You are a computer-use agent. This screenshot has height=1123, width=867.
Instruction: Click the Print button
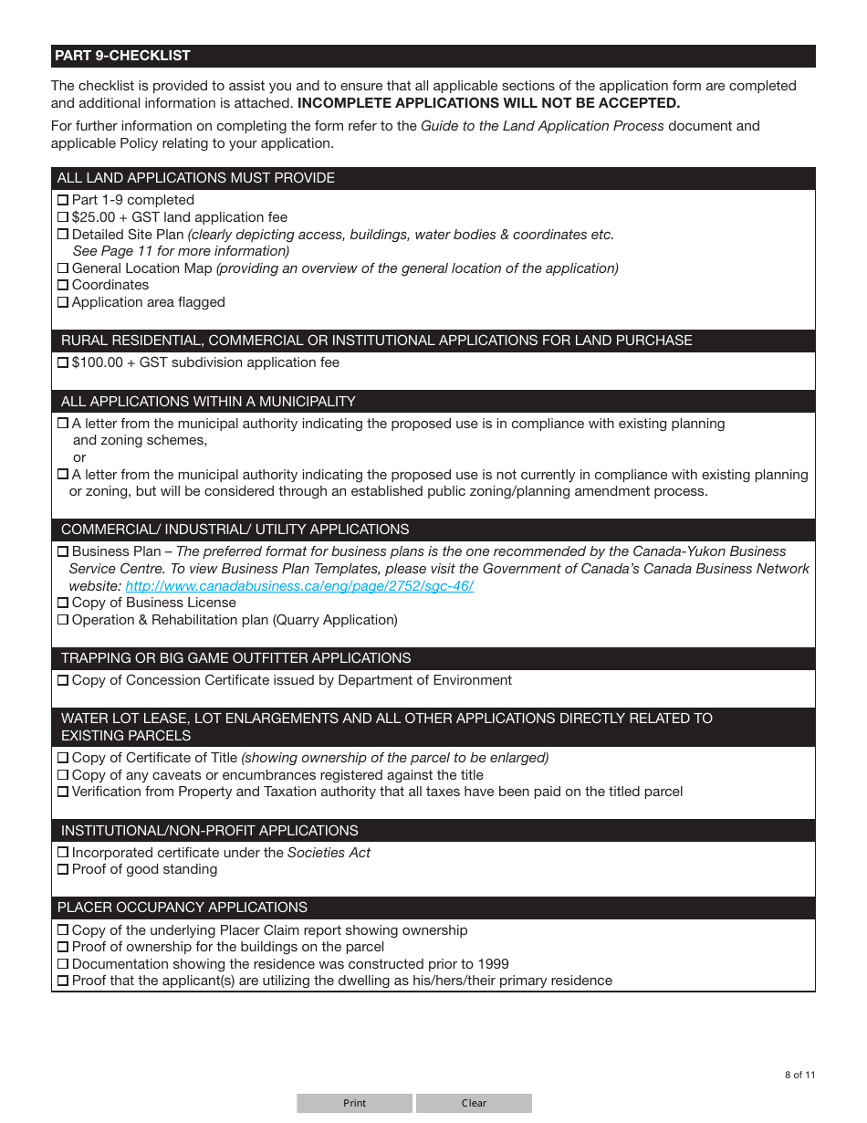pos(354,1103)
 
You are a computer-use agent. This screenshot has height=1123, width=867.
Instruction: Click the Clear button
pos(474,1103)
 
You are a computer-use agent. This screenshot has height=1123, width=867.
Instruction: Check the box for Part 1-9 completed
pos(63,200)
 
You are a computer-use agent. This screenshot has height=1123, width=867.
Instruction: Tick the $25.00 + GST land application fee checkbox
pos(63,217)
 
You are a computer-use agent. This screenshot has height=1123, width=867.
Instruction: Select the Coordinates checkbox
pos(63,285)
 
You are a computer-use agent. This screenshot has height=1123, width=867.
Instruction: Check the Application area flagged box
pos(63,302)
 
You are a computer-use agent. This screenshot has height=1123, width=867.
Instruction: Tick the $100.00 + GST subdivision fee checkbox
pos(63,362)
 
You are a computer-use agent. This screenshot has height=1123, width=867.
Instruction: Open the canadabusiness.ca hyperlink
pos(299,586)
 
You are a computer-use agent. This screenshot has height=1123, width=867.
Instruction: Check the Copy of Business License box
pos(63,603)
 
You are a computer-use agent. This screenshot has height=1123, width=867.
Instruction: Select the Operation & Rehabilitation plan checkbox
pos(63,620)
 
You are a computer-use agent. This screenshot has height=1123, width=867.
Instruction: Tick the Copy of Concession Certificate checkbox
pos(63,680)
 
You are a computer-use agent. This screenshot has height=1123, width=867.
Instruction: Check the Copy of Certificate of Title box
pos(63,758)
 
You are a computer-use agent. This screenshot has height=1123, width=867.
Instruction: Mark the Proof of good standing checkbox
pos(63,869)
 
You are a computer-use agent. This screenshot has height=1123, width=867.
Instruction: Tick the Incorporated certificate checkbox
pos(63,853)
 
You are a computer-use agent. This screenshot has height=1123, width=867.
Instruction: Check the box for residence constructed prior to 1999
pos(63,964)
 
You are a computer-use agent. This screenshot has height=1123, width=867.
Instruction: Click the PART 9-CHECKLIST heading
pos(122,56)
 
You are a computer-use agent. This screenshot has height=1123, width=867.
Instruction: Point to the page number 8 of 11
pos(799,1075)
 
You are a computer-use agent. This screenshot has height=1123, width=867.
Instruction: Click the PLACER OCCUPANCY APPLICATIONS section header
pos(183,908)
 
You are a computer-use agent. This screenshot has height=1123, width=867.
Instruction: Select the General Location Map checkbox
pos(63,268)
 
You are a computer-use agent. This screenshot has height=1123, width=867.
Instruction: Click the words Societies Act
pos(329,853)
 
